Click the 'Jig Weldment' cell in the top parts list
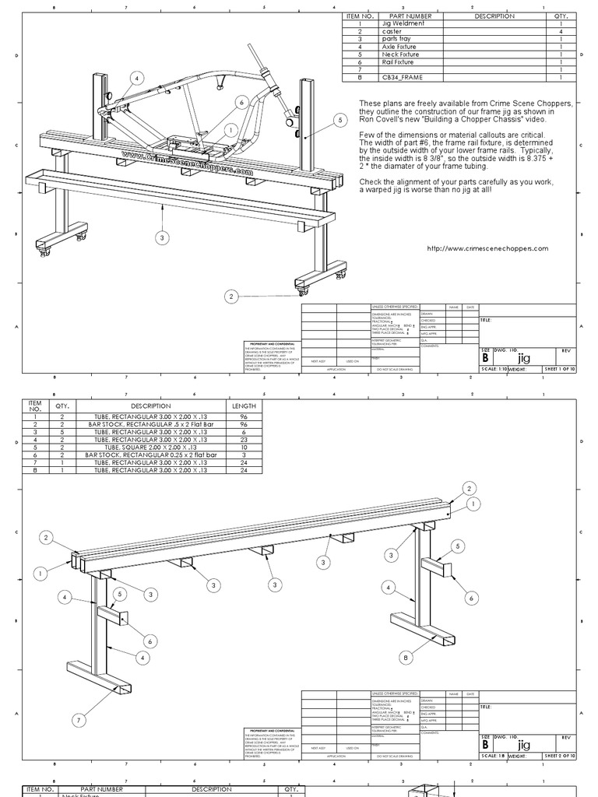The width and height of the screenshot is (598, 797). click(403, 24)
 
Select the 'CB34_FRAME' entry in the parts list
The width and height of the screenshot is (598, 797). click(403, 78)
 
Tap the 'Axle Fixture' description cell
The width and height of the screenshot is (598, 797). click(399, 47)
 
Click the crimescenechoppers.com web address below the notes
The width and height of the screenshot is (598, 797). click(488, 249)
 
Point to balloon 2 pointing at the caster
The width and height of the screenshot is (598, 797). click(230, 297)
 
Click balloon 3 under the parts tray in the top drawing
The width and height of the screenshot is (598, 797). click(162, 237)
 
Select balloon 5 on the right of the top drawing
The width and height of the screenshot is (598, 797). click(339, 120)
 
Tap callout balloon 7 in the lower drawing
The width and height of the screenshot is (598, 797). click(78, 721)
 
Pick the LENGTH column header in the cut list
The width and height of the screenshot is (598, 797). click(244, 406)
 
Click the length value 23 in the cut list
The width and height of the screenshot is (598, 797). click(244, 440)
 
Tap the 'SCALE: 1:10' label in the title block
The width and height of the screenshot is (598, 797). click(494, 370)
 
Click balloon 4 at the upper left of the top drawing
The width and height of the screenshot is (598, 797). click(137, 78)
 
